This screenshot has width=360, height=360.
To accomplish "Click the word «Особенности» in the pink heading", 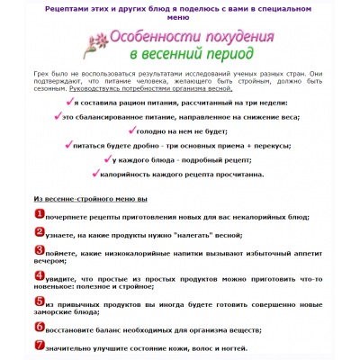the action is pos(155,39).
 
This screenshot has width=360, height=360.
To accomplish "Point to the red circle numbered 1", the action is pos(39,213).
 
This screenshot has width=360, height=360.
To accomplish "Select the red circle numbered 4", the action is pos(39,276).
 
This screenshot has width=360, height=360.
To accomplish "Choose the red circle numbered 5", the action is pos(39,303).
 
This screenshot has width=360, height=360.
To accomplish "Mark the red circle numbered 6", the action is pos(39,326).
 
